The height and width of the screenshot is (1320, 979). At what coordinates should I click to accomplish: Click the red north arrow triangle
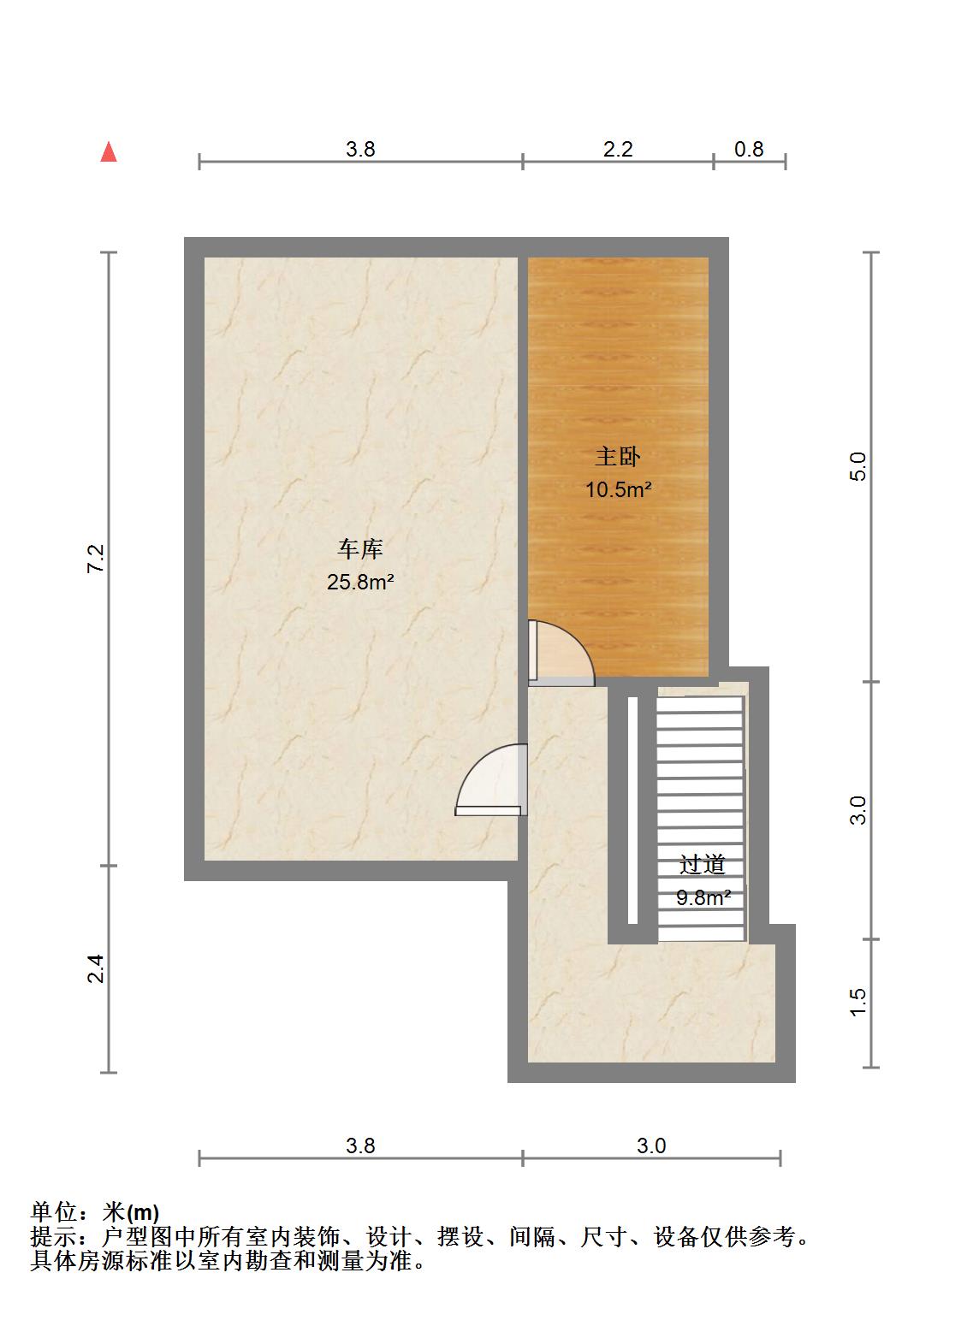coord(109,151)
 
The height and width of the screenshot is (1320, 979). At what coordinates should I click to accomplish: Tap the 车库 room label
coord(359,548)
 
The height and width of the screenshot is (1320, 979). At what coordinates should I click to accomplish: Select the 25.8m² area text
coord(359,582)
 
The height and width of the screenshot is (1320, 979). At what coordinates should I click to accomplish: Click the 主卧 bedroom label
coord(618,457)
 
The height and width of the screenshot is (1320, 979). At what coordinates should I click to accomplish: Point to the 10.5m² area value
coord(618,490)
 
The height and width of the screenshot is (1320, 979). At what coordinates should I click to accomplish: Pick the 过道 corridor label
coord(703,864)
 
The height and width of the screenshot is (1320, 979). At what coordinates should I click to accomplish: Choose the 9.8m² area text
coord(703,897)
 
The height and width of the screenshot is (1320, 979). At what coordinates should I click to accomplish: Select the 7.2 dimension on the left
coord(96,559)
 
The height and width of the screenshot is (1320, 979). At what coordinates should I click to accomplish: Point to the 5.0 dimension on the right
coord(857,466)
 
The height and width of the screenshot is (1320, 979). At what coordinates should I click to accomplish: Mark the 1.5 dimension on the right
coord(857,1003)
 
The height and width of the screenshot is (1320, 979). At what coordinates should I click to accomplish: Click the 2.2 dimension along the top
coord(618,149)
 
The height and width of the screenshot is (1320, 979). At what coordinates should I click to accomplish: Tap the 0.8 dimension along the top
coord(749,149)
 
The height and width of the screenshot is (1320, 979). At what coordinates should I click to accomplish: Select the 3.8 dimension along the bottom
coord(360,1145)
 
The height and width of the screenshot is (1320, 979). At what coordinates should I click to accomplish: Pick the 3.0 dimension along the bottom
coord(651,1145)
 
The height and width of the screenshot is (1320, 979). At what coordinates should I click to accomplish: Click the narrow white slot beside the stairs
coord(632,810)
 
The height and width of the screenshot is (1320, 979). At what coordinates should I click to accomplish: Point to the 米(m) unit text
coord(130,1211)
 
